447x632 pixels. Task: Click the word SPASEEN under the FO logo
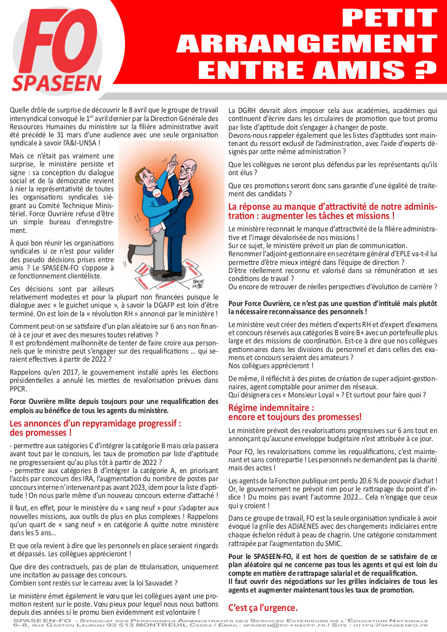57,83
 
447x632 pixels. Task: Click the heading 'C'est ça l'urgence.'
262,607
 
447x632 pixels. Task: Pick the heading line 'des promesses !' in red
41,433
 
